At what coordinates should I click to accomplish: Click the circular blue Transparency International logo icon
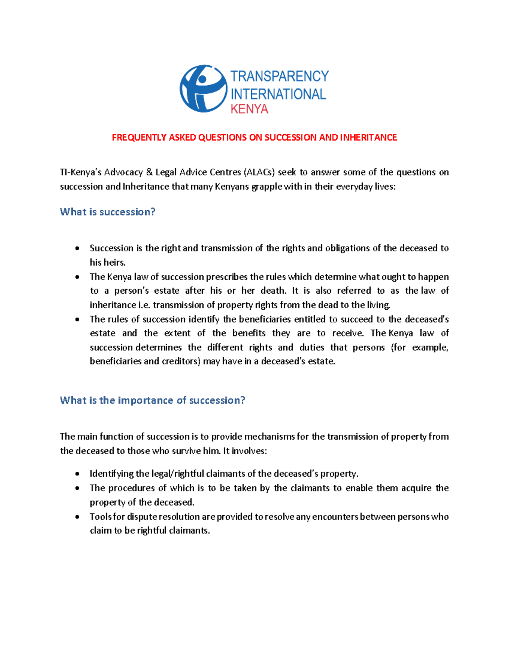(203, 89)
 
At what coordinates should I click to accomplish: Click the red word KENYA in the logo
(249, 109)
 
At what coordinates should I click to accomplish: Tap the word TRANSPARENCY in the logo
(279, 76)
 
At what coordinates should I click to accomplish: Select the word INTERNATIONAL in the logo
(278, 94)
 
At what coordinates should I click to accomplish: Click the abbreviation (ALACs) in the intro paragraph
(259, 172)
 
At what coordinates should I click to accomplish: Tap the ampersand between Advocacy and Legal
(149, 172)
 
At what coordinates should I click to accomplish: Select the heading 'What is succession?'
(108, 212)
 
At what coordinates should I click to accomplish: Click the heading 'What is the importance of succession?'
(152, 400)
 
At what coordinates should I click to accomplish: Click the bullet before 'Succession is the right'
(77, 248)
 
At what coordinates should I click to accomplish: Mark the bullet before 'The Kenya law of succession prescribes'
(77, 277)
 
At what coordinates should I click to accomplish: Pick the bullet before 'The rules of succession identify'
(77, 319)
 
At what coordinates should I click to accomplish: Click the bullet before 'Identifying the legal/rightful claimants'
(77, 474)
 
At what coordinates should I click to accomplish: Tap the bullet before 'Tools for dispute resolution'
(77, 517)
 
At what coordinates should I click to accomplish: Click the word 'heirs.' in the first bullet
(114, 263)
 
